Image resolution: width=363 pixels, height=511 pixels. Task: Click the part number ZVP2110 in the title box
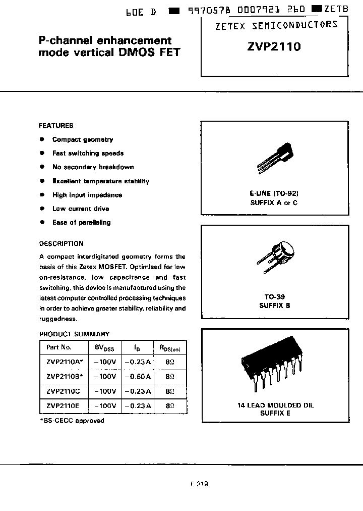click(x=274, y=47)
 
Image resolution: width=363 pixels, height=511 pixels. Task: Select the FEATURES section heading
click(x=56, y=126)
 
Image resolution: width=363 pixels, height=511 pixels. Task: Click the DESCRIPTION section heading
click(x=61, y=243)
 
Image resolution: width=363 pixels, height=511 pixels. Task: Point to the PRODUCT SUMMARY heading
click(x=74, y=334)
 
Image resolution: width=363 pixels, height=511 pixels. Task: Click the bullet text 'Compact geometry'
click(x=83, y=140)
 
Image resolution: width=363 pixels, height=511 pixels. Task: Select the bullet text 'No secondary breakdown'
click(x=93, y=167)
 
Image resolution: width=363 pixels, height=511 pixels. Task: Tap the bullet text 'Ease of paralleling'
click(x=81, y=223)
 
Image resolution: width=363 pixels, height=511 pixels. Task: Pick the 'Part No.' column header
click(x=59, y=347)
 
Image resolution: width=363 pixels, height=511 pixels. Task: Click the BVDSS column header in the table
click(x=104, y=347)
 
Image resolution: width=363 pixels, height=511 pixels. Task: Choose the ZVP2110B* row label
click(x=64, y=376)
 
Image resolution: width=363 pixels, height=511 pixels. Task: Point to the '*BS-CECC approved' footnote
click(x=72, y=421)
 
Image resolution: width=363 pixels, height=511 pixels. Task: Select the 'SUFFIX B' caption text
click(x=275, y=305)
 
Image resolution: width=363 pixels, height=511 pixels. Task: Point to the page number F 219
click(x=199, y=483)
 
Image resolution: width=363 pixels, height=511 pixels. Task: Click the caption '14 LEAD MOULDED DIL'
click(x=275, y=405)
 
